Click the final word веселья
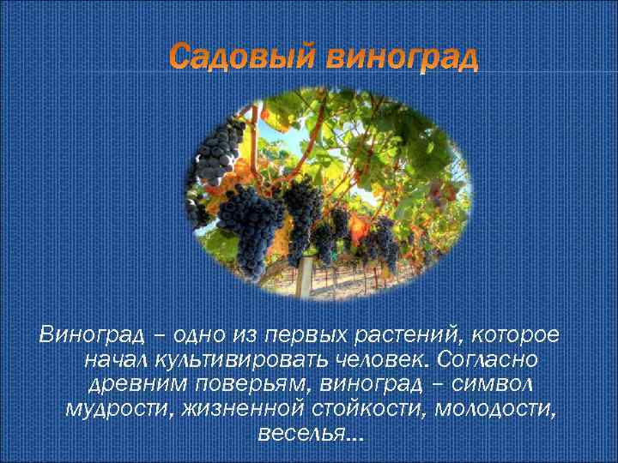[306, 433]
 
